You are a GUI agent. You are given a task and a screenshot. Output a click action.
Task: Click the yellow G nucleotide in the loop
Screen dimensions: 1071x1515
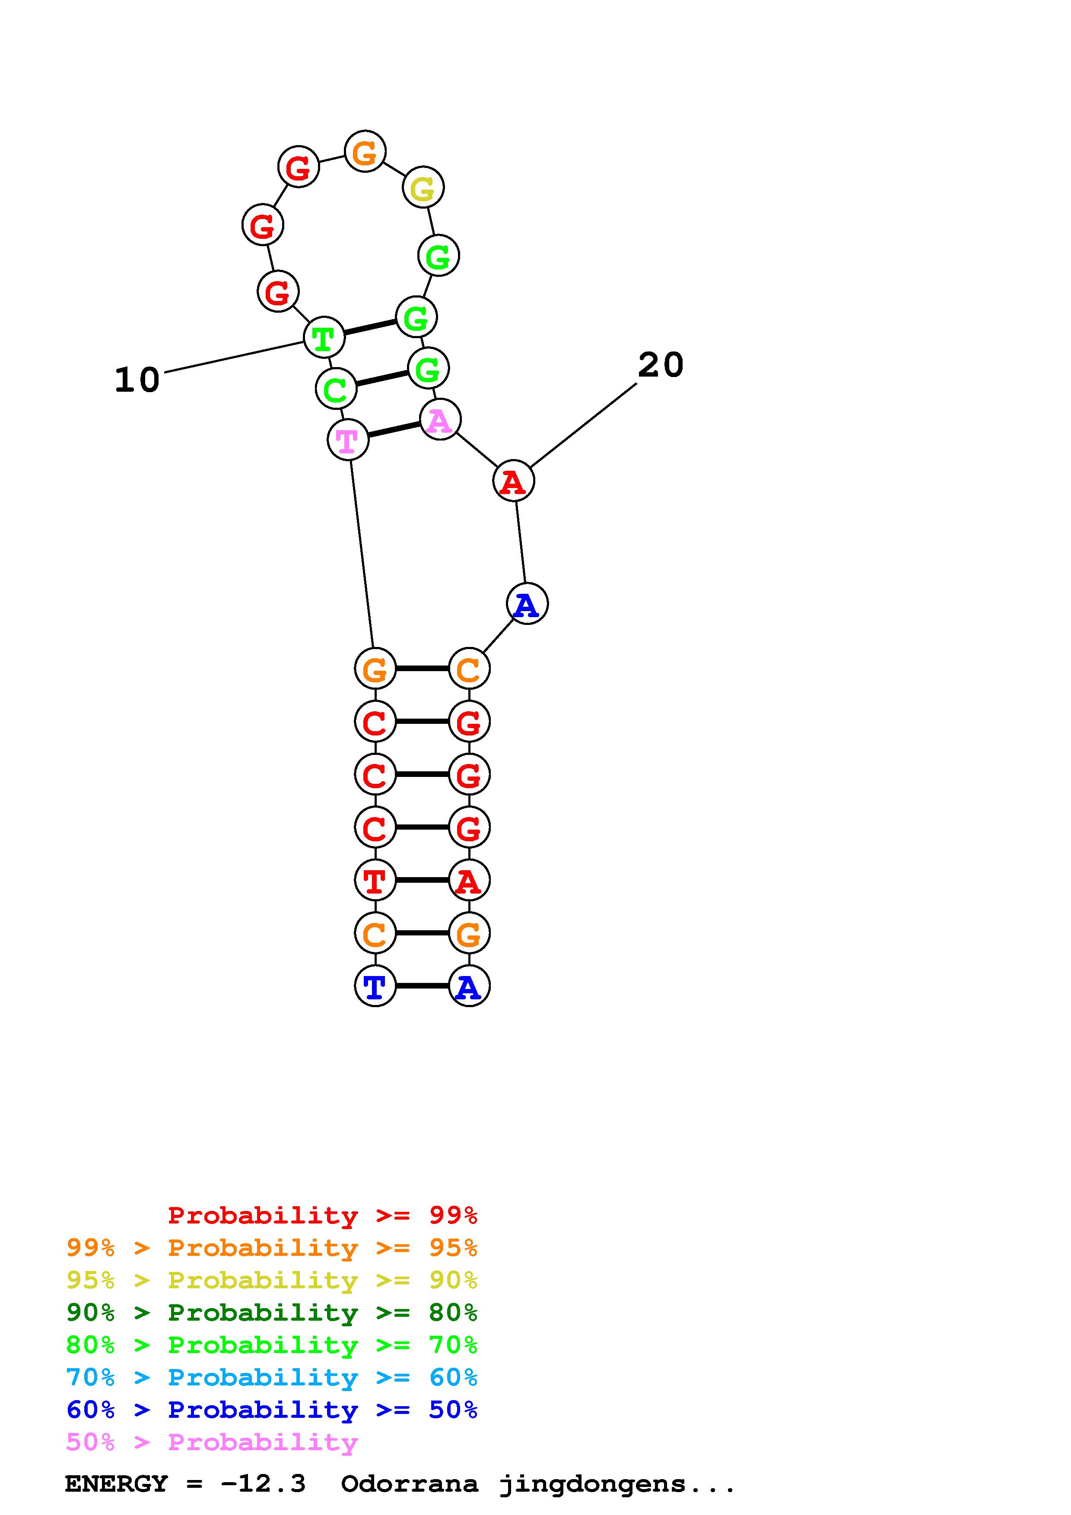pos(423,188)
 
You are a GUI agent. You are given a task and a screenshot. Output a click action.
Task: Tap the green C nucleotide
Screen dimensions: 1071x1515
pos(336,389)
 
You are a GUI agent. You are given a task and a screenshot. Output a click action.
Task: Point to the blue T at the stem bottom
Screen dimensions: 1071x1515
pos(375,986)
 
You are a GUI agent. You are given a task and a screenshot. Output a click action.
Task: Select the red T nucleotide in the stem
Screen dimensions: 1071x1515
pos(375,880)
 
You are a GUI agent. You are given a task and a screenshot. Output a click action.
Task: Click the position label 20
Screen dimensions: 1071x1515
pos(661,365)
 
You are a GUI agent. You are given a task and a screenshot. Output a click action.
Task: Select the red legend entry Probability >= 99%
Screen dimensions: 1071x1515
pos(323,1215)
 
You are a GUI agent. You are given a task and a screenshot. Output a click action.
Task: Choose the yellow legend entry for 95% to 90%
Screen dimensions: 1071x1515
pos(272,1280)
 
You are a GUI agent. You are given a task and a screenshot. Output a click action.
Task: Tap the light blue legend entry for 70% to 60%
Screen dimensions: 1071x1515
pos(272,1377)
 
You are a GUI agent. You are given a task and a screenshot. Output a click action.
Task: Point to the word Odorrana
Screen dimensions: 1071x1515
pos(409,1484)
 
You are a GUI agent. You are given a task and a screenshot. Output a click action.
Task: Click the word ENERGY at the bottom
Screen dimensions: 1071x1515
pos(116,1484)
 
